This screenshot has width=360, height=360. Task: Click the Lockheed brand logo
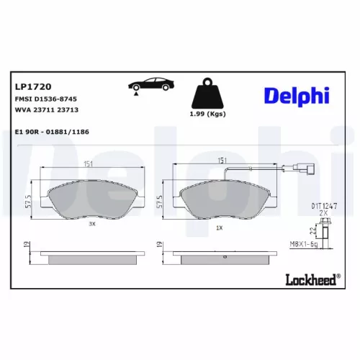coord(310,280)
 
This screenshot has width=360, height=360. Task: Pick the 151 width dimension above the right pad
coord(224,161)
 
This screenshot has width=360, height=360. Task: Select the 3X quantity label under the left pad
coord(91,224)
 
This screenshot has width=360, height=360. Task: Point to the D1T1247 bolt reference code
coord(325,206)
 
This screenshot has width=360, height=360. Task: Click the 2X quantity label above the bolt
coord(324,214)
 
